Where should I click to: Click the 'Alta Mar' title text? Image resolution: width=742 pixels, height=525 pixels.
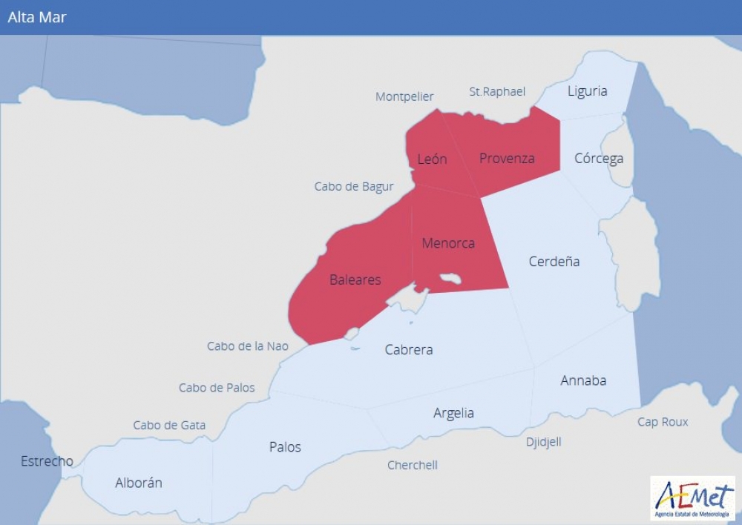[37, 17]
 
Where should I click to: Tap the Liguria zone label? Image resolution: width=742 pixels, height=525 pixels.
[587, 91]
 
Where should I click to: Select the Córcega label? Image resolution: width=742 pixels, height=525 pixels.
[599, 158]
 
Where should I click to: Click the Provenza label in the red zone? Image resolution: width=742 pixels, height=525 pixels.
[507, 158]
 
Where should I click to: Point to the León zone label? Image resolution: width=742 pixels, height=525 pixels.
[432, 159]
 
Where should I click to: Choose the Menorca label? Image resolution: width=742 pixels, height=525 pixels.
[448, 243]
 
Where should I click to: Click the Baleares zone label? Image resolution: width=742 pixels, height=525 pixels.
[355, 280]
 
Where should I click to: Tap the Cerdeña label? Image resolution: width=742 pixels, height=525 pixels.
[554, 261]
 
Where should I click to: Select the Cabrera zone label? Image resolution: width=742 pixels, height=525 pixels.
[409, 349]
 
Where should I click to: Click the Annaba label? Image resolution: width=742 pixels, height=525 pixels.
[583, 380]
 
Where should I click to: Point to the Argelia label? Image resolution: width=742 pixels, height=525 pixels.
[453, 413]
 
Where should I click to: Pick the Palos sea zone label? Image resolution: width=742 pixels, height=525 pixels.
[285, 446]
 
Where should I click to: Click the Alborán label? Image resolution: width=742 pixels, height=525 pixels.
[139, 483]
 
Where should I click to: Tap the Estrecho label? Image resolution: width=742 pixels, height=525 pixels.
[47, 461]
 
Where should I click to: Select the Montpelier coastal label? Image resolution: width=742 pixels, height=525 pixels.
[404, 96]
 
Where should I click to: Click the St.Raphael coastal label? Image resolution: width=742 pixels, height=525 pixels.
[497, 91]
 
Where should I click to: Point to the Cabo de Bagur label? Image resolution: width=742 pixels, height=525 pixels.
[354, 186]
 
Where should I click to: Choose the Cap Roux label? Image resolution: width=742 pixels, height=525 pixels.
[663, 422]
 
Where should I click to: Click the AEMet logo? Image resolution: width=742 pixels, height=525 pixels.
[692, 498]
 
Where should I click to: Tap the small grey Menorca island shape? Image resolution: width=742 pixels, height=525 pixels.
[450, 279]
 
